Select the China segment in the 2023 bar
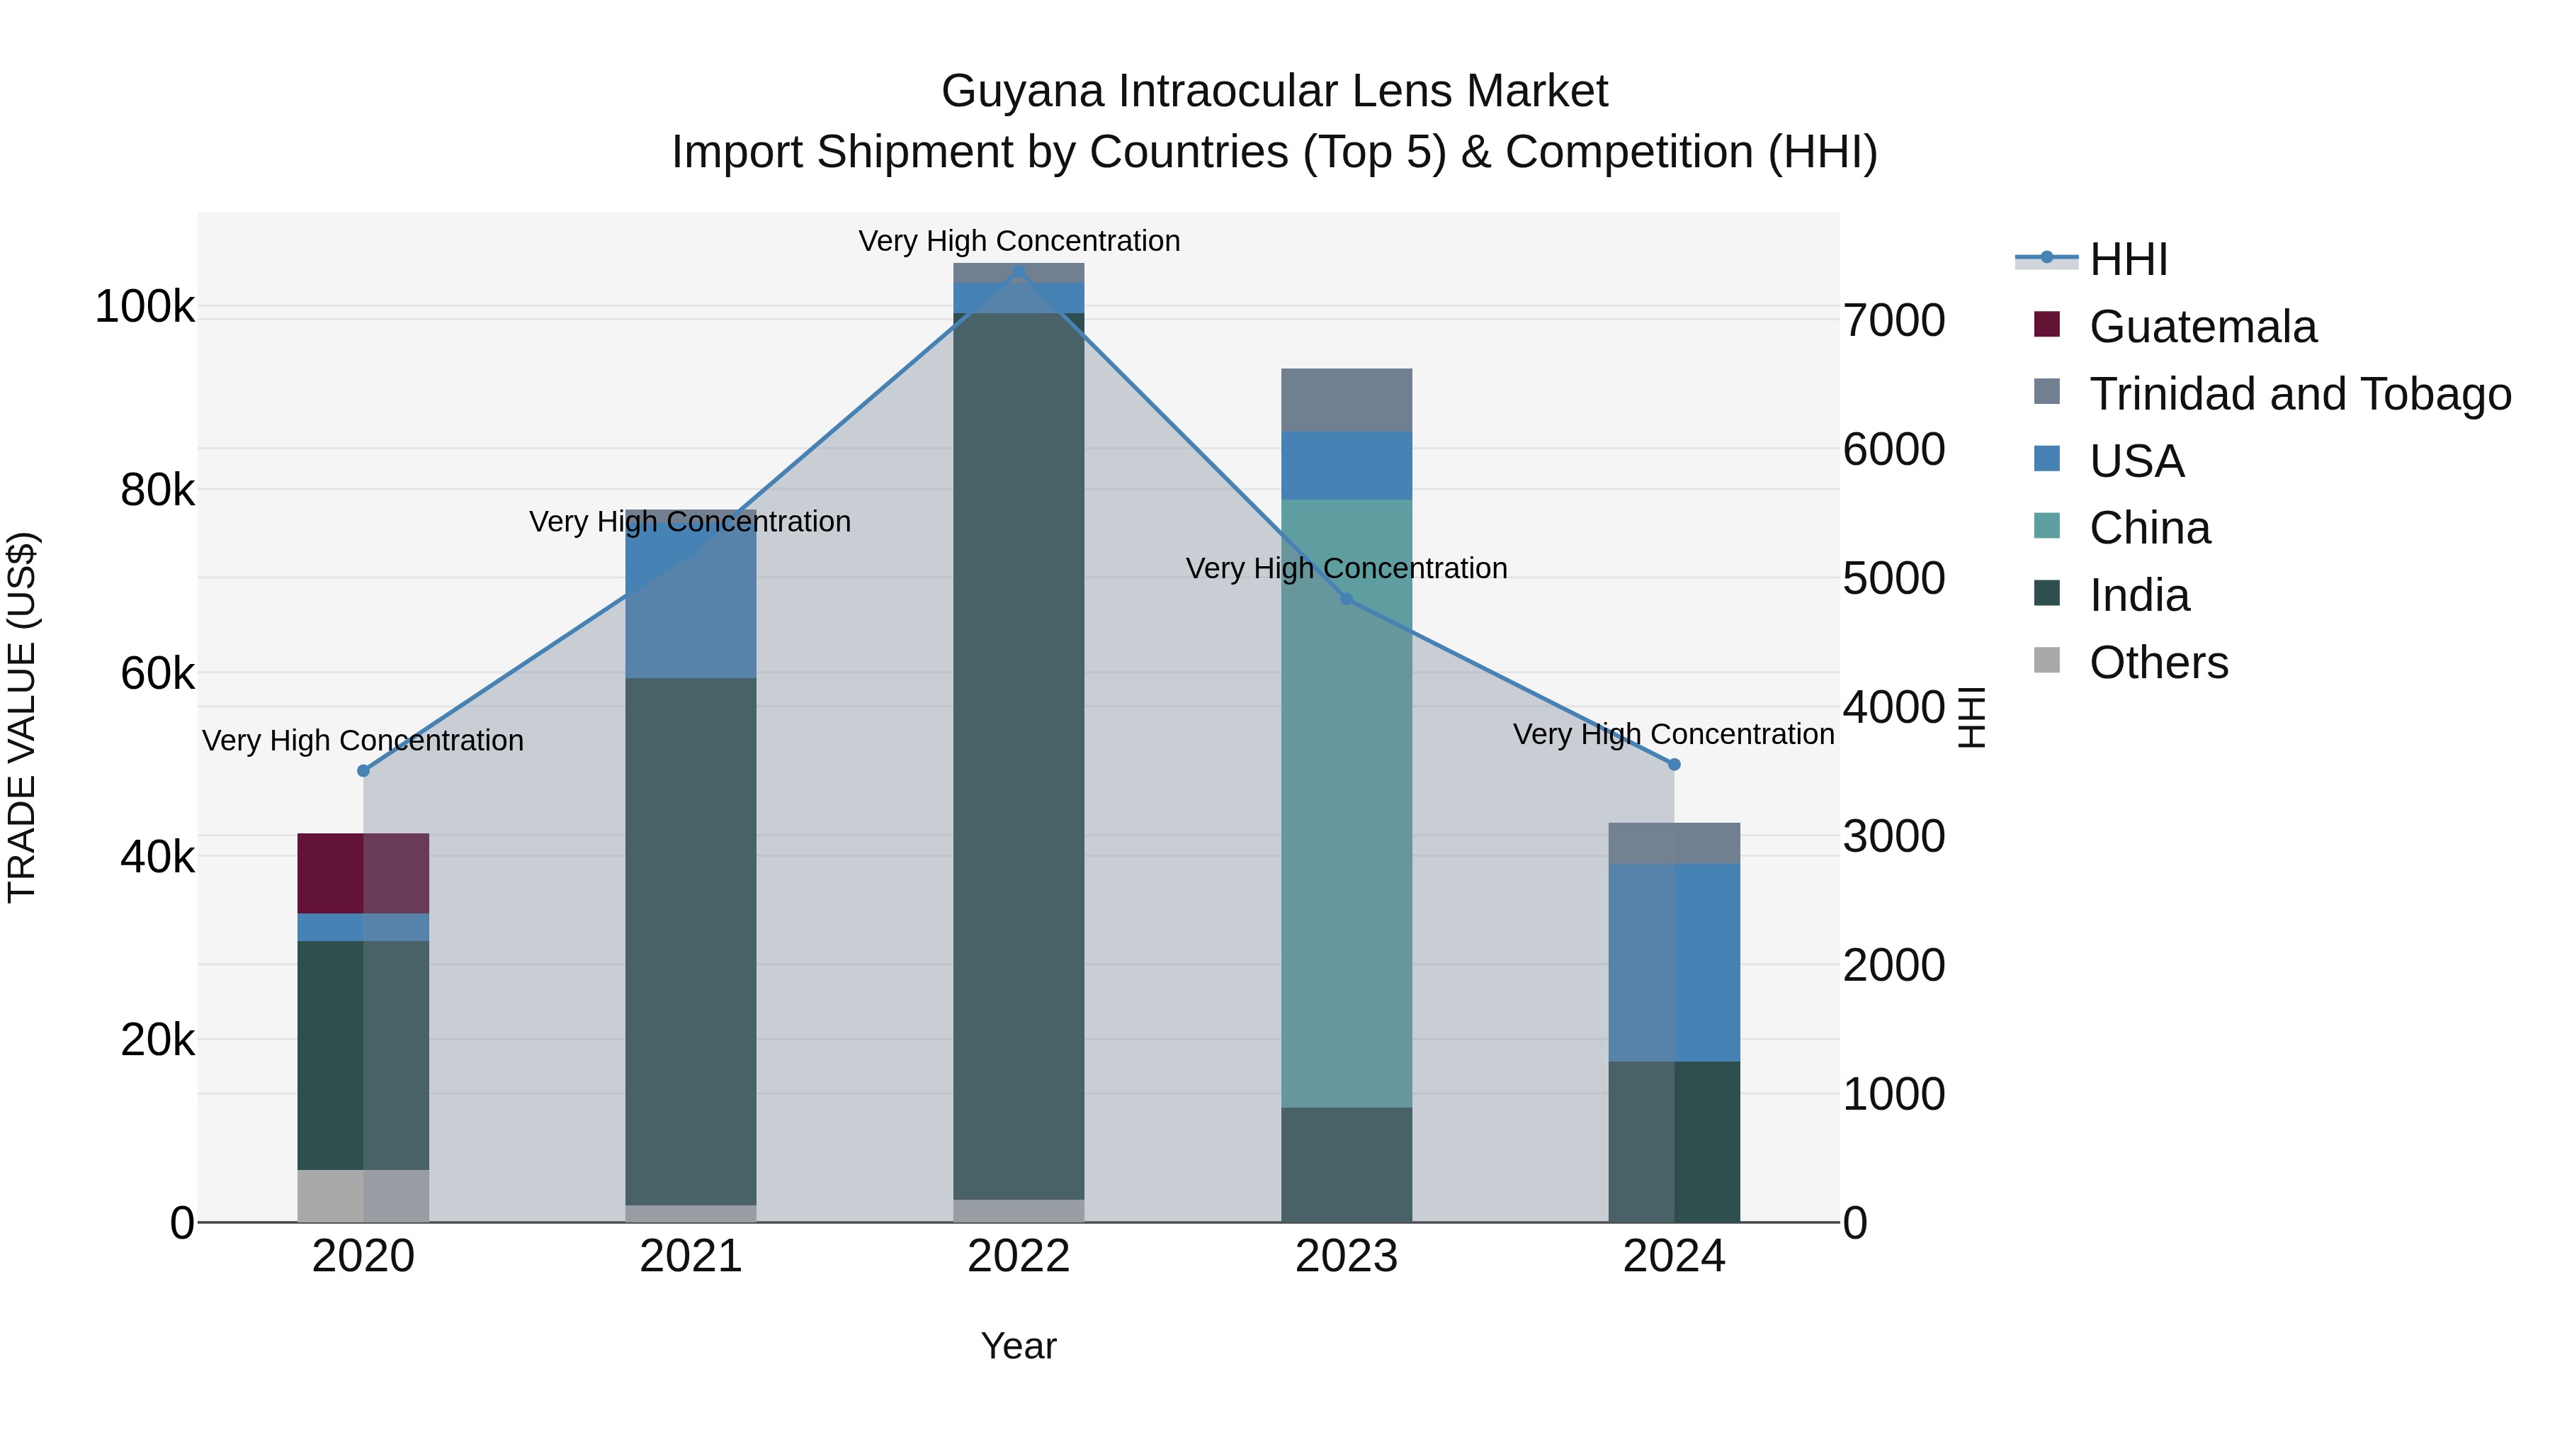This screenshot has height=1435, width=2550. point(1347,802)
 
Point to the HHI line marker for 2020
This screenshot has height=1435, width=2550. point(363,770)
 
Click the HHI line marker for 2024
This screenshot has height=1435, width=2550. point(1674,765)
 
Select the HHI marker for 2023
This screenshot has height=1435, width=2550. point(1347,599)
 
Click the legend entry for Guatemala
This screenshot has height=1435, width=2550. point(2201,327)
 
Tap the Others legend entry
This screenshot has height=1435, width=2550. point(2158,663)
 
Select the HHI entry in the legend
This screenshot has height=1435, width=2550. point(2129,259)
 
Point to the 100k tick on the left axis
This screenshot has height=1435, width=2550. point(144,307)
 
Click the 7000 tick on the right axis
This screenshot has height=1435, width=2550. point(1893,321)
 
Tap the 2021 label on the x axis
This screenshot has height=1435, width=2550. point(691,1256)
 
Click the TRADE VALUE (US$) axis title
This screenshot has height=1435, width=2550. point(22,717)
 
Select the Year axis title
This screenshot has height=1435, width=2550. point(1019,1346)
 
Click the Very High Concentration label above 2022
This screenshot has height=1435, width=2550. point(1019,241)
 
